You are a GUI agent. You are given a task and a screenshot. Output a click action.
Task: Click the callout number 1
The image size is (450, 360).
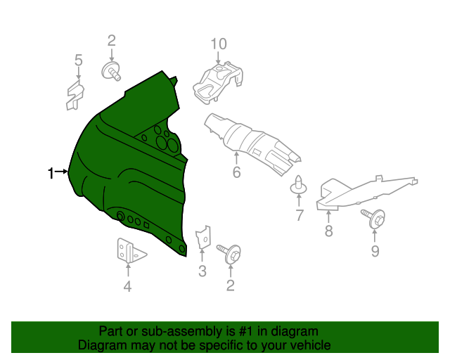[x=51, y=173]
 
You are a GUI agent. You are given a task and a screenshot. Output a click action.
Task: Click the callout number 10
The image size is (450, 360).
[x=219, y=44]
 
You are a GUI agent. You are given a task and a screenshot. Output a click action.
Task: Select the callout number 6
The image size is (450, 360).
[x=236, y=172]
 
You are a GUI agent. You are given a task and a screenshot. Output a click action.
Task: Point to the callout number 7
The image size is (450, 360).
[x=300, y=216]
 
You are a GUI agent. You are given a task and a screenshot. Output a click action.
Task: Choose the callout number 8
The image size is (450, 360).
[x=328, y=231]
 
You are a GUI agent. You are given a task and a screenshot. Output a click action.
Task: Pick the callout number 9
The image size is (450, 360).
[x=375, y=251]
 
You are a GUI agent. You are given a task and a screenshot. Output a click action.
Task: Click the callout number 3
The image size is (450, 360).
[x=202, y=272]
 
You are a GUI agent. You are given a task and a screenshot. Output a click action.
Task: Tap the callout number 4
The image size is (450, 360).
[x=127, y=285]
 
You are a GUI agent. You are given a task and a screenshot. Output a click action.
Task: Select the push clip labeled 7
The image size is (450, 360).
[x=298, y=185]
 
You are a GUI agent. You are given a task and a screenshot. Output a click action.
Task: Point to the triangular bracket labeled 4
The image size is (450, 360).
[x=128, y=251]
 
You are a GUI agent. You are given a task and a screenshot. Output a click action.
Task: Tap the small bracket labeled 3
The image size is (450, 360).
[x=202, y=238]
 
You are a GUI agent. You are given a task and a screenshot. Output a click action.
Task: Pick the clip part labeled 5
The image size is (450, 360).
[x=74, y=95]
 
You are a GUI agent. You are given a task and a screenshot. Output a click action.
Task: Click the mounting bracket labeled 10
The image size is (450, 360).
[x=218, y=80]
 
